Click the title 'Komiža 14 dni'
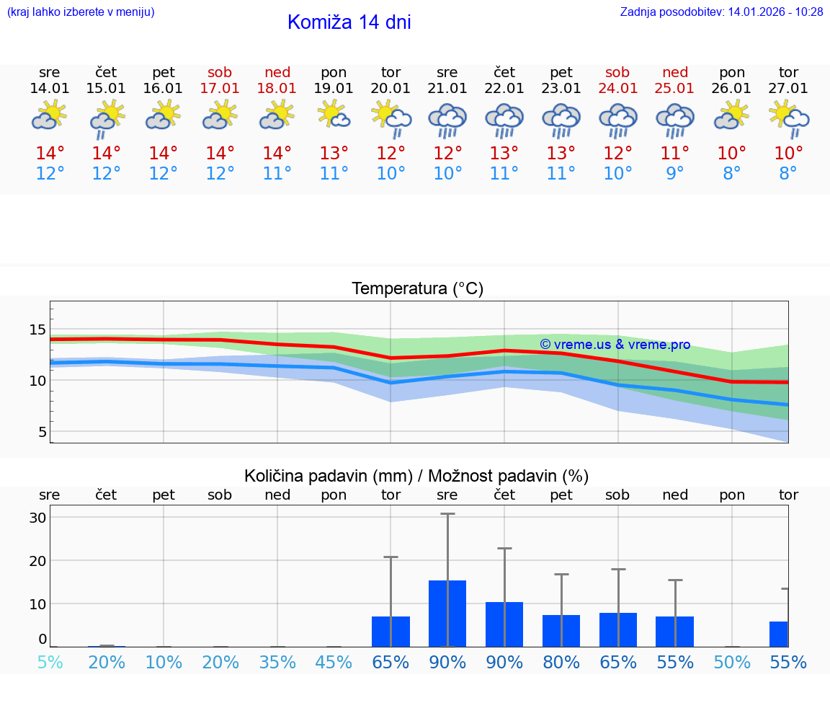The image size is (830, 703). click(349, 22)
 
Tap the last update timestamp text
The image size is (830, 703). click(721, 12)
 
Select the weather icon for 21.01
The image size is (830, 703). click(447, 120)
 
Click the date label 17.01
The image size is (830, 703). click(220, 89)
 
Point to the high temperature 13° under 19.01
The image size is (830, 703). click(334, 154)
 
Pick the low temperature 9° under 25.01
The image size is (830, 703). click(675, 173)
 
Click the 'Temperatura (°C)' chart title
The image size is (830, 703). click(417, 289)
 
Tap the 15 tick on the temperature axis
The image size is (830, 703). click(37, 330)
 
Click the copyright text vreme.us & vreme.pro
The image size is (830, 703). click(615, 345)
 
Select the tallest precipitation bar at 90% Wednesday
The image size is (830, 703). click(447, 613)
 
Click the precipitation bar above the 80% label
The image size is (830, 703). click(561, 630)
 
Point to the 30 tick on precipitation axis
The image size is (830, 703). click(38, 518)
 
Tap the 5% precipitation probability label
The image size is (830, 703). click(50, 662)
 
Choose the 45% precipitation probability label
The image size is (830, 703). click(334, 662)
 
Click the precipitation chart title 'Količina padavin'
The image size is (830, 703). click(416, 476)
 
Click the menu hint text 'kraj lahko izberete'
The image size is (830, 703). click(81, 12)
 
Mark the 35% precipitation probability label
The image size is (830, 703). click(277, 662)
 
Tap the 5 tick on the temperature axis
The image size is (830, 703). click(42, 432)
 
